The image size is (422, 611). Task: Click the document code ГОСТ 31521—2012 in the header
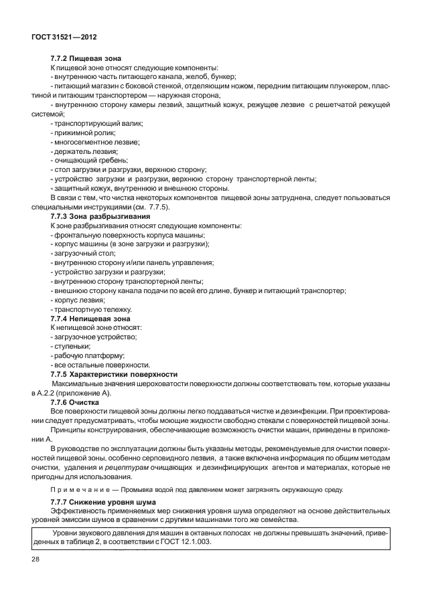tap(64, 37)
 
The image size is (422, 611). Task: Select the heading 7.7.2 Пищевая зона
tap(86, 60)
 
